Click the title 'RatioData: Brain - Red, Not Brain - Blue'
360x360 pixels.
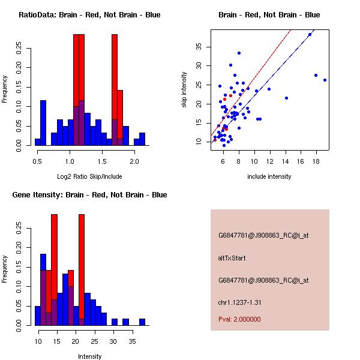89,15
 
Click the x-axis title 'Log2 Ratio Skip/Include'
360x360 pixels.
89,176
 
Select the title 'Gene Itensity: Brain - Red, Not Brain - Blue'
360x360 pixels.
89,195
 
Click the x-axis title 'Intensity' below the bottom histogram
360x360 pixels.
90,356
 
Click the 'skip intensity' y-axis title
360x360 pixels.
185,90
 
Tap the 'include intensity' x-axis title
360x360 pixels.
269,176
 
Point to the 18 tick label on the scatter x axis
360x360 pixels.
316,161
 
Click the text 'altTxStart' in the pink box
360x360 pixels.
232,258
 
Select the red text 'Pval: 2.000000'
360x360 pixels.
239,319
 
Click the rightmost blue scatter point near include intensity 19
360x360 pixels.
325,80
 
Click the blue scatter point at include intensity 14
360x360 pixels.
286,98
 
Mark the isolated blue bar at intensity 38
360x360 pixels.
142,322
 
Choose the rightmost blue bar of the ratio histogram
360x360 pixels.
142,139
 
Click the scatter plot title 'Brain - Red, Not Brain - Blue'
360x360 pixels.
269,15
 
